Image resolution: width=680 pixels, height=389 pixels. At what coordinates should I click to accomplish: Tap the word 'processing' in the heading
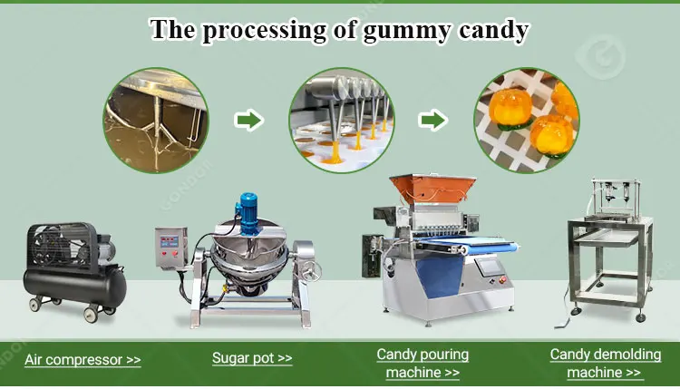click(x=264, y=30)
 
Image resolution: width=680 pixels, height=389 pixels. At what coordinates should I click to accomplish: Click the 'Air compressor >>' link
click(x=83, y=359)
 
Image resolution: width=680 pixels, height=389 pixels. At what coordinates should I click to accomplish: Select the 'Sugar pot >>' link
click(x=252, y=358)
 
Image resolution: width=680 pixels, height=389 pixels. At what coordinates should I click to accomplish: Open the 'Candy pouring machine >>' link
click(x=423, y=364)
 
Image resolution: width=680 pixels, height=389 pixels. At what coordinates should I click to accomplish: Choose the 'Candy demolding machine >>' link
click(x=606, y=364)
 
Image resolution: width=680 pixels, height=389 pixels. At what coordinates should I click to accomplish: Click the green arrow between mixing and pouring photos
click(x=249, y=120)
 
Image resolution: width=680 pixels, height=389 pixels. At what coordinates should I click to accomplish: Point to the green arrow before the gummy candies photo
click(x=433, y=120)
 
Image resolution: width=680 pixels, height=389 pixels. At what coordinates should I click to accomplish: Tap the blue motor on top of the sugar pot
click(x=248, y=213)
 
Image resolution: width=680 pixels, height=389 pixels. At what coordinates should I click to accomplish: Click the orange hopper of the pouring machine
click(x=432, y=189)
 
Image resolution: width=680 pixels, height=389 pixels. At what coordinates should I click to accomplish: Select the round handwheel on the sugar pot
click(x=311, y=271)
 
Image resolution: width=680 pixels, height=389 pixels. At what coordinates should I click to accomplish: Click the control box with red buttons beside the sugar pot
click(x=170, y=248)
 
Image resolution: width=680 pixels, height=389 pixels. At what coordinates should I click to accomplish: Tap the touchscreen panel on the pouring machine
click(x=489, y=266)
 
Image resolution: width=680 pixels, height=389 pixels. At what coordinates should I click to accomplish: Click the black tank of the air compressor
click(x=74, y=287)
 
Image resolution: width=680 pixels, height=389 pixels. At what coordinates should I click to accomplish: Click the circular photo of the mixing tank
click(x=156, y=120)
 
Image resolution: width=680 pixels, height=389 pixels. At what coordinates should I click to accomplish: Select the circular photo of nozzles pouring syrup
click(x=342, y=120)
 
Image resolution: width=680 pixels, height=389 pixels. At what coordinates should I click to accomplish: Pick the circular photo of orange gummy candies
click(x=527, y=120)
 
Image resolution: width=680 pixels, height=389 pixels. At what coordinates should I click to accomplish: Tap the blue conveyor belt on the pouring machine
click(x=469, y=245)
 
